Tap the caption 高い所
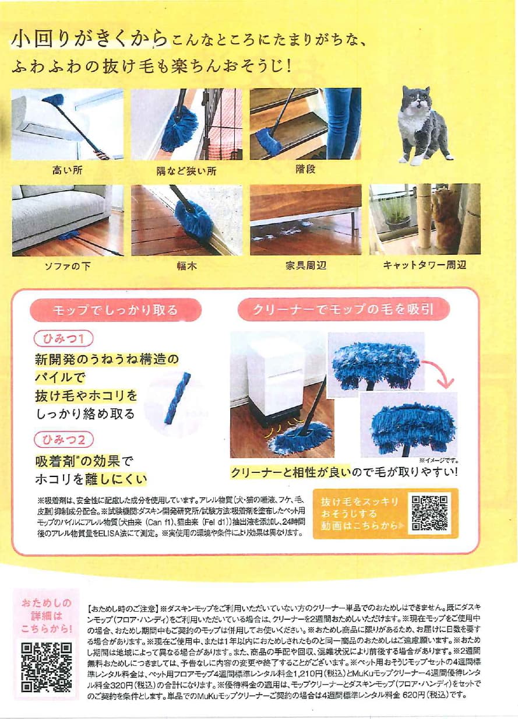click(68, 170)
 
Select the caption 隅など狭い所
click(186, 171)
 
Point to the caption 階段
click(305, 169)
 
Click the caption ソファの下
click(68, 266)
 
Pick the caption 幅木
click(186, 266)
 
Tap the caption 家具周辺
click(306, 265)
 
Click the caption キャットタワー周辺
click(424, 265)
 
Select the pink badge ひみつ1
click(64, 339)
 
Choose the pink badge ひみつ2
click(64, 440)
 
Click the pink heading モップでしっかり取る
click(115, 310)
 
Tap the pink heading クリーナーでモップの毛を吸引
click(344, 310)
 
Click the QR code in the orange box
click(429, 513)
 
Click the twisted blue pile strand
click(177, 398)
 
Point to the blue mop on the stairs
click(268, 141)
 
